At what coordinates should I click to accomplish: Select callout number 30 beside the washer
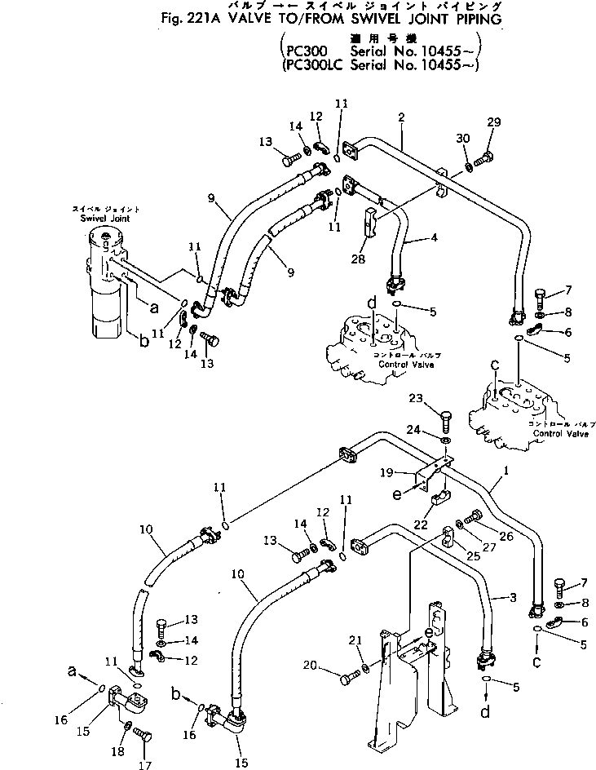(463, 139)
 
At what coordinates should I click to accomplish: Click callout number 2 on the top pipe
(401, 117)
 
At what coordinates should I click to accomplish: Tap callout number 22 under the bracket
(422, 524)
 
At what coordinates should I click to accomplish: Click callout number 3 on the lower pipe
(512, 598)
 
